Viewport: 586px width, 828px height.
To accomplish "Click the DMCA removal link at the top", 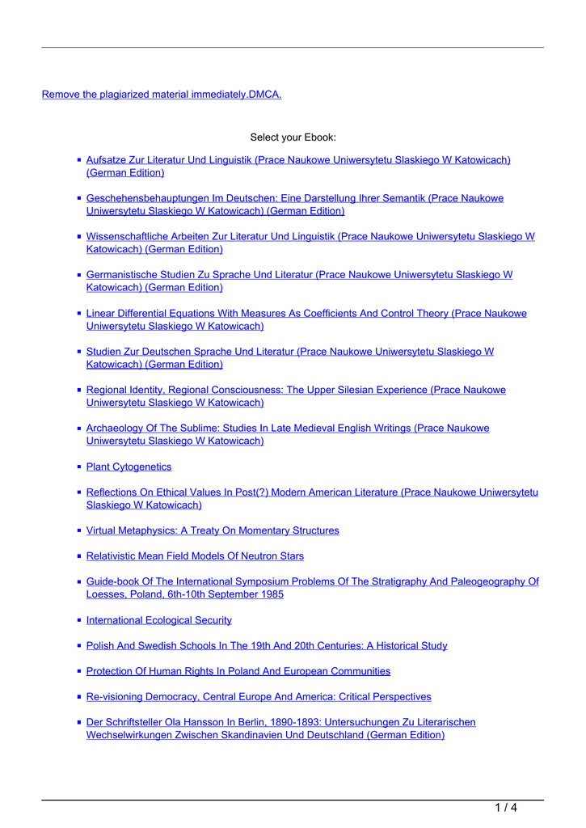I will click(162, 95).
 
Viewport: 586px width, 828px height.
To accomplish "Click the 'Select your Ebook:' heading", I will click(293, 137).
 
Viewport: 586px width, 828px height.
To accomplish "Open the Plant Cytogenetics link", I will click(129, 467).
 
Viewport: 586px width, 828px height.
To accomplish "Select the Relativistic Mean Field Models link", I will click(195, 556).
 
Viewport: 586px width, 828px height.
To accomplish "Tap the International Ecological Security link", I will click(158, 620).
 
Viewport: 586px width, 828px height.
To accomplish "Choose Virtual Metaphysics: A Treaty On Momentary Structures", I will click(213, 530).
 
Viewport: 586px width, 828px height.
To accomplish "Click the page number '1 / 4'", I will click(505, 807).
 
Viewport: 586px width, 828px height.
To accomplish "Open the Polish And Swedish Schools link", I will click(267, 645).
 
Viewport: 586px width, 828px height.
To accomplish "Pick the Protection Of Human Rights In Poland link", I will click(238, 671).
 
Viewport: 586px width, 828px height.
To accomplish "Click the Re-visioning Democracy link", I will click(259, 696).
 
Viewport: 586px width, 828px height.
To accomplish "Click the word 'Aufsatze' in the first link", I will click(109, 160).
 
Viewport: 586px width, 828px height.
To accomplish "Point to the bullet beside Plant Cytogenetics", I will click(80, 467).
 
